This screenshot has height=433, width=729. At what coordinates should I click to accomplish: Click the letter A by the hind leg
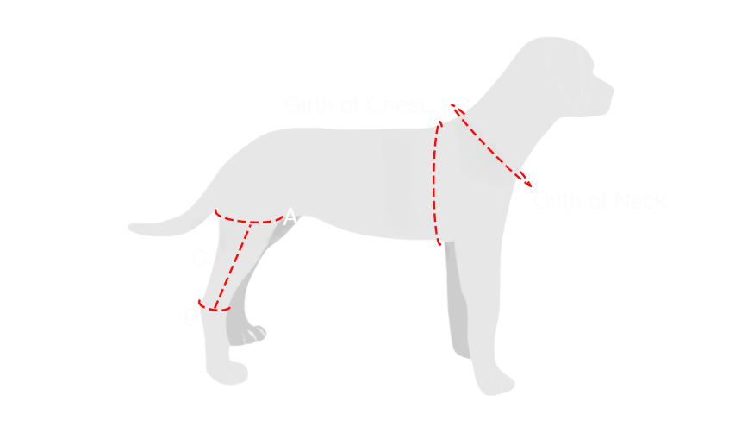290,217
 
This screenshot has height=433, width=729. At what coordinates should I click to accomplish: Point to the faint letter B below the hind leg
189,318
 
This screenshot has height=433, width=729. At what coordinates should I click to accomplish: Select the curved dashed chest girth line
434,181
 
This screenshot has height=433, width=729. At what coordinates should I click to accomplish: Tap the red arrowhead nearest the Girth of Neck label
523,180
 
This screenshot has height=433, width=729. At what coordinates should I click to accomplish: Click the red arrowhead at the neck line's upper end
458,110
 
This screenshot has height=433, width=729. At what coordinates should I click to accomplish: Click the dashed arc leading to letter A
250,221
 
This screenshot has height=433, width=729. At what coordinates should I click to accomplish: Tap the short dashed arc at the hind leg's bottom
215,308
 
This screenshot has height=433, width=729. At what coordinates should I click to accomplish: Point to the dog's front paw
481,380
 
